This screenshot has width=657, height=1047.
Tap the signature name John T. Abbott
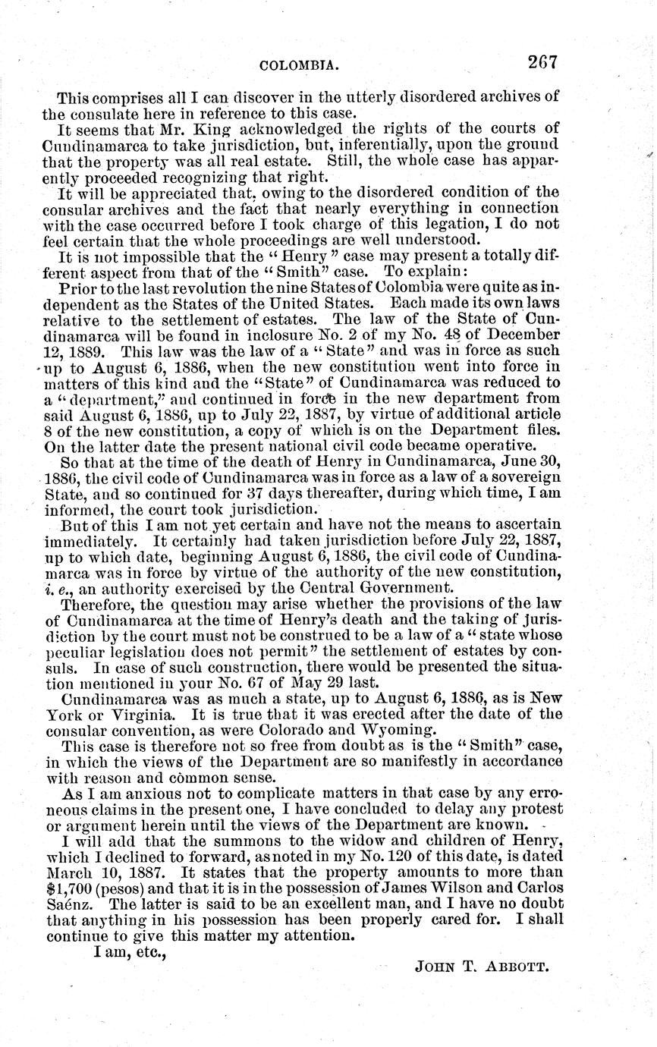pos(482,966)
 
